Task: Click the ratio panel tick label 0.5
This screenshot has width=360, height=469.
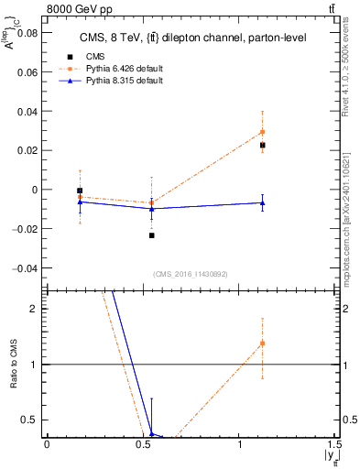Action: pyautogui.click(x=31, y=420)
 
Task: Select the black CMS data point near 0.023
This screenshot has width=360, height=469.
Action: pyautogui.click(x=263, y=145)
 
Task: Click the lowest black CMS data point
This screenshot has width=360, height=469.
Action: pyautogui.click(x=152, y=235)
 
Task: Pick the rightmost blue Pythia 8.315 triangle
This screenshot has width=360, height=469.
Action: pyautogui.click(x=263, y=202)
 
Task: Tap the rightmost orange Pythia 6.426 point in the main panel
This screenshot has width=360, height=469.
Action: pyautogui.click(x=263, y=131)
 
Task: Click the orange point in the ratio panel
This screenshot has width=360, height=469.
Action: pyautogui.click(x=263, y=344)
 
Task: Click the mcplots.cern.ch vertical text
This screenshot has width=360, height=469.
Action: pyautogui.click(x=349, y=229)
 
